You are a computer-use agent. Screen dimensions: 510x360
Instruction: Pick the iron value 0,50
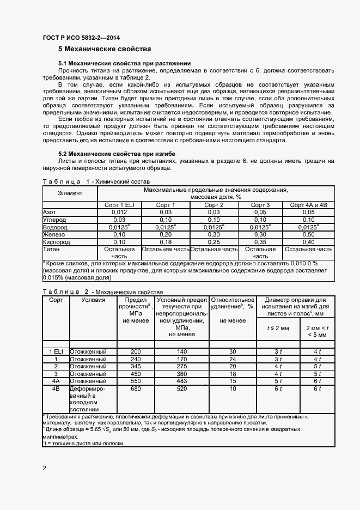coord(308,234)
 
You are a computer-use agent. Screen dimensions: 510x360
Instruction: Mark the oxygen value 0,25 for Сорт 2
coord(213,242)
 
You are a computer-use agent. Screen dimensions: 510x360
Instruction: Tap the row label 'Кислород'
coord(56,242)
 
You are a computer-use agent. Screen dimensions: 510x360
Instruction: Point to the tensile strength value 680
coord(136,390)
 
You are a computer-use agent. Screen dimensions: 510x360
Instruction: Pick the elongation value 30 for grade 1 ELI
coord(233,351)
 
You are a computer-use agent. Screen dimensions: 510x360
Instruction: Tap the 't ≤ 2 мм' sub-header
coord(277,328)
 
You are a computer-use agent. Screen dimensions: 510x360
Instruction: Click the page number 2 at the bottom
coord(45,468)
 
